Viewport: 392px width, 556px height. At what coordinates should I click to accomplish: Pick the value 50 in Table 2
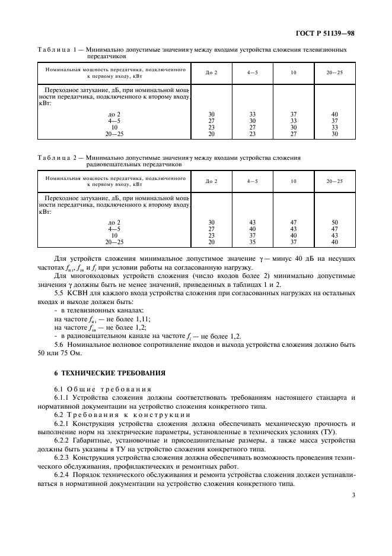pyautogui.click(x=334, y=222)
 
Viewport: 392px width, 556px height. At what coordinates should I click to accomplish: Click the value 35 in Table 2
pyautogui.click(x=252, y=242)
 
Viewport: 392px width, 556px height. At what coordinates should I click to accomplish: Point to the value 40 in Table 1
pyautogui.click(x=334, y=113)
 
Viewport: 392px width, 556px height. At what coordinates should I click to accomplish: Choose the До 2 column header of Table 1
pyautogui.click(x=211, y=72)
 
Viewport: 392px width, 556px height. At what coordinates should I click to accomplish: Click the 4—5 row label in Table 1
pyautogui.click(x=114, y=120)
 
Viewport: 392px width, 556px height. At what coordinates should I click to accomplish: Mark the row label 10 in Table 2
pyautogui.click(x=114, y=235)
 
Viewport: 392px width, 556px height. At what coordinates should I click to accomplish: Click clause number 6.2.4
pyautogui.click(x=62, y=474)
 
